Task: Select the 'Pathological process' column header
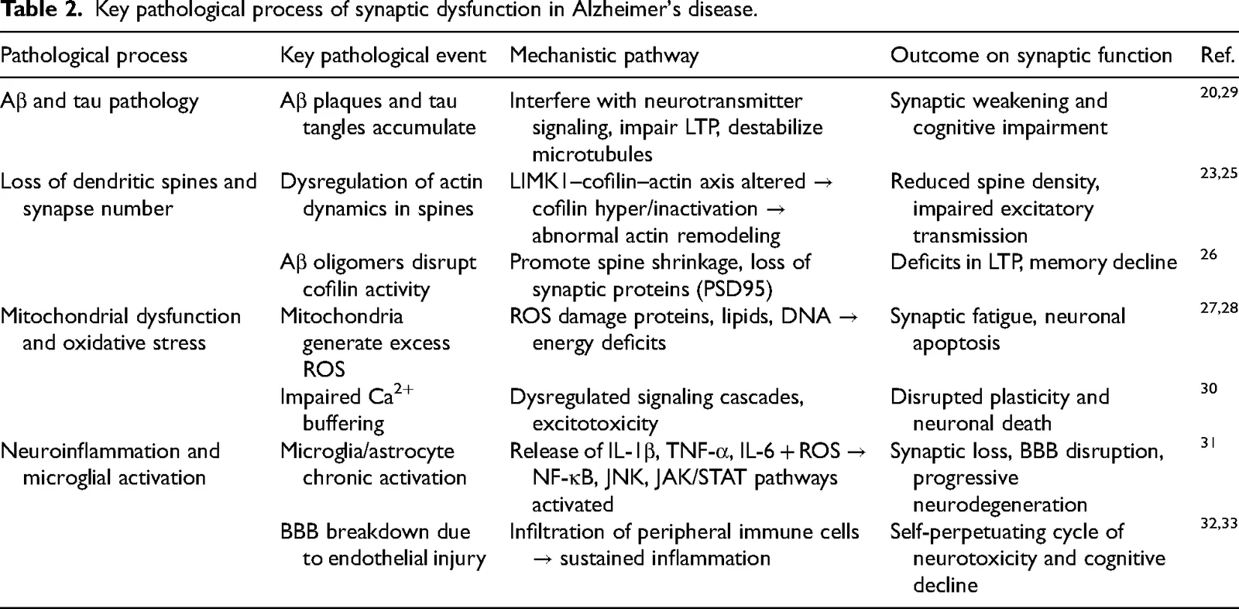pos(94,56)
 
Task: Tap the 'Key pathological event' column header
pos(383,56)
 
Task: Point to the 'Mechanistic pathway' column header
pos(604,56)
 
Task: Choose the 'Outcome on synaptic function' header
pos(1031,56)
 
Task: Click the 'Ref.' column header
pos(1217,55)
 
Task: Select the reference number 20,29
pos(1219,92)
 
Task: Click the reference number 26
pos(1209,254)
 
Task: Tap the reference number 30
pos(1209,389)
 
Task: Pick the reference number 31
pos(1208,442)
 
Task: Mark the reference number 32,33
pos(1219,523)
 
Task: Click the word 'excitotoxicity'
pos(595,424)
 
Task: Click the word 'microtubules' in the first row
pos(592,154)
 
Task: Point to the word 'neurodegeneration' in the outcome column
pos(1000,504)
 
